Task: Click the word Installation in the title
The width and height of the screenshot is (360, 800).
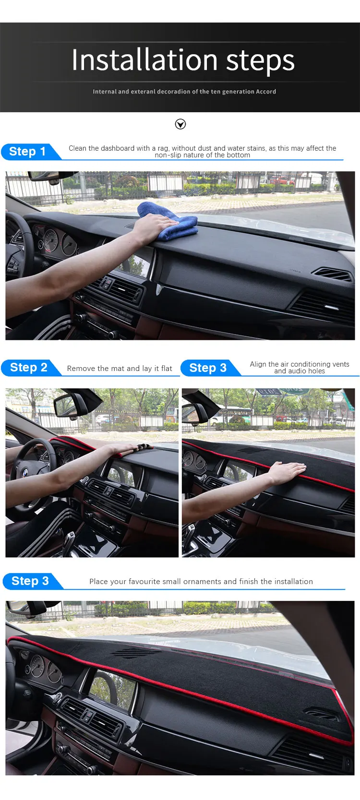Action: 144,60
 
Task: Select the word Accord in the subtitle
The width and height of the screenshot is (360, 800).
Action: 266,92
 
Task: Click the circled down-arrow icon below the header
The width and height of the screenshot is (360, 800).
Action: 180,124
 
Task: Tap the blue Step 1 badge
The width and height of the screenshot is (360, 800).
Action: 29,152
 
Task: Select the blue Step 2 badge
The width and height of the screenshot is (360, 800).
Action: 30,368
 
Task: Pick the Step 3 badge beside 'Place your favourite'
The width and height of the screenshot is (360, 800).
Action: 31,581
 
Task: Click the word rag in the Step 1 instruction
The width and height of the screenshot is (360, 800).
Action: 163,149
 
